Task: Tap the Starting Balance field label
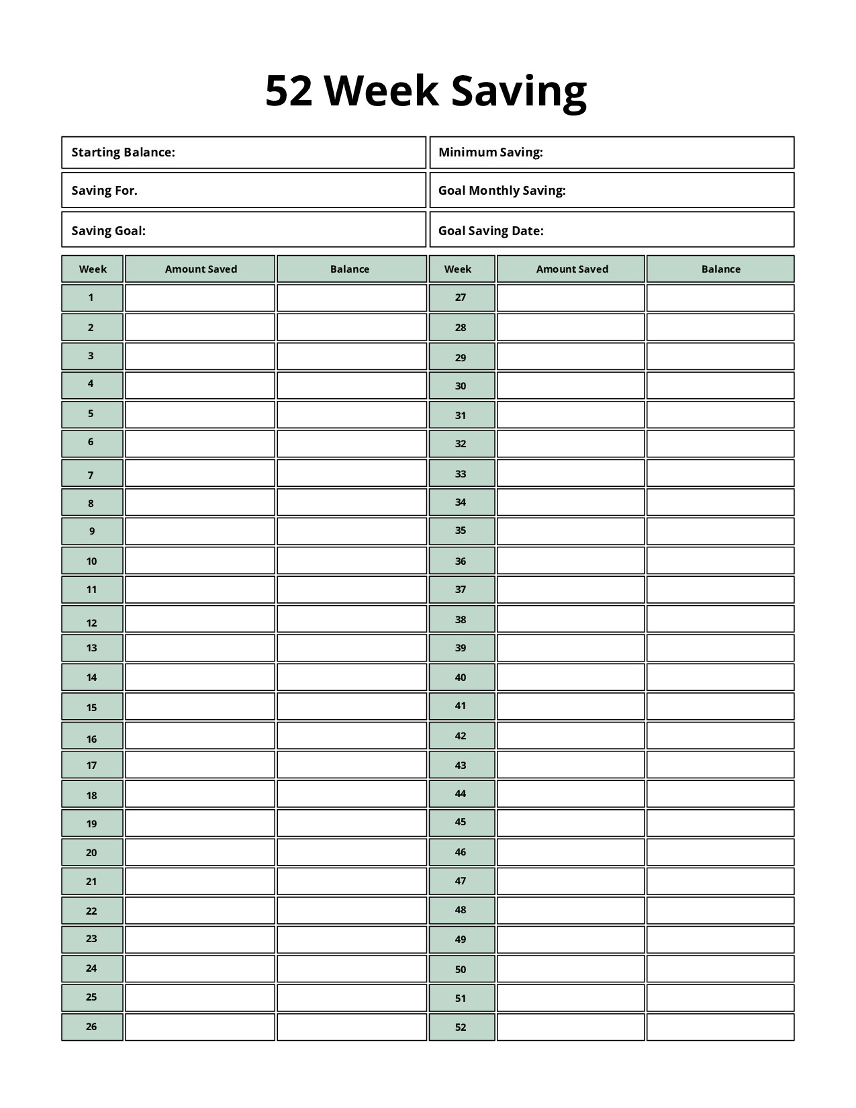click(123, 152)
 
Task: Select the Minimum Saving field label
click(490, 152)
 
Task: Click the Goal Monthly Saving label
click(502, 191)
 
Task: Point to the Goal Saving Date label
click(491, 231)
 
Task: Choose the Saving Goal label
click(108, 231)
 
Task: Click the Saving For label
click(104, 191)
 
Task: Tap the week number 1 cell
click(92, 297)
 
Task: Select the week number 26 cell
click(92, 1027)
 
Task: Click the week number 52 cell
click(461, 1027)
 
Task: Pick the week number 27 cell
click(461, 297)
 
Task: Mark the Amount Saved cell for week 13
click(200, 648)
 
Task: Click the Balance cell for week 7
click(351, 473)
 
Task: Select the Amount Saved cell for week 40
click(571, 677)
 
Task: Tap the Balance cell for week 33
click(720, 473)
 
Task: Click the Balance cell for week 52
click(720, 1027)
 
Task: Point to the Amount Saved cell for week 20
click(200, 852)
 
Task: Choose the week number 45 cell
click(461, 823)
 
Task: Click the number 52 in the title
click(289, 91)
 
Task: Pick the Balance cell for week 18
click(351, 794)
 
